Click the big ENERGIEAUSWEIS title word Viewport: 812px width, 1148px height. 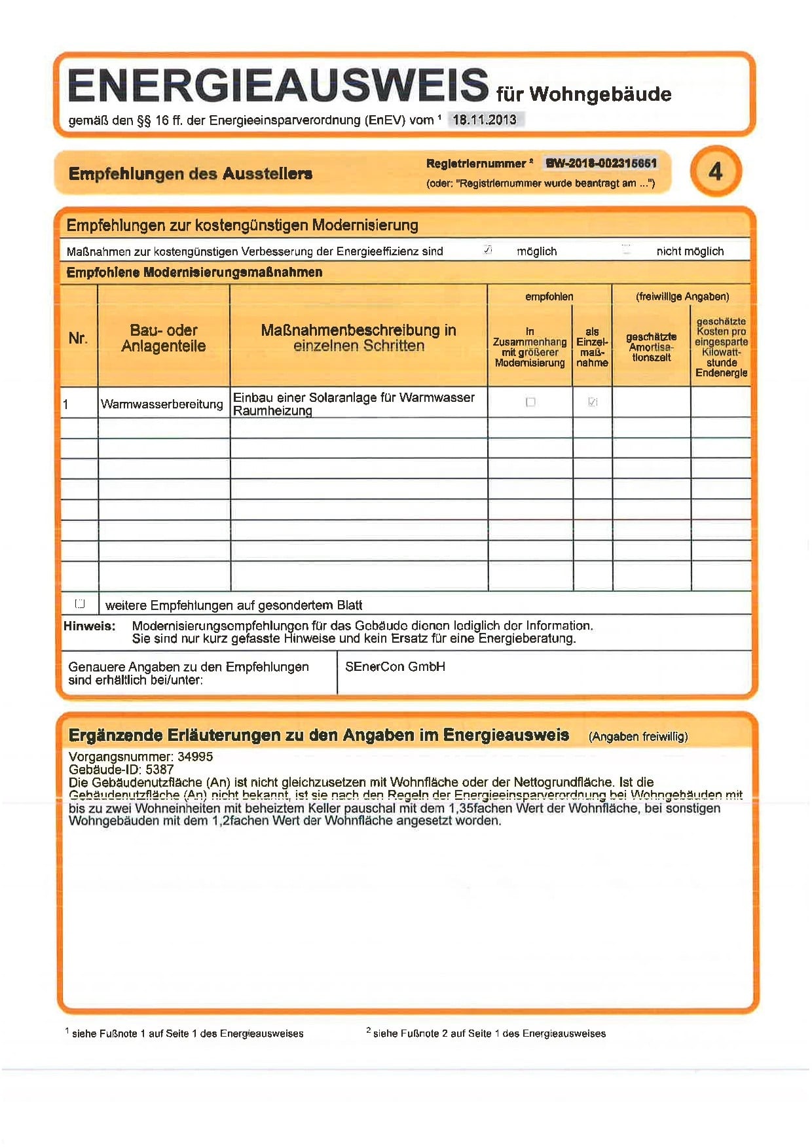pyautogui.click(x=278, y=86)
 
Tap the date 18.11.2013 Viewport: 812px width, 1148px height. pyautogui.click(x=485, y=120)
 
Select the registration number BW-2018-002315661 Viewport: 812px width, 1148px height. pyautogui.click(x=601, y=163)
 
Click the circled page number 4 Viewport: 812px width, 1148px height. pyautogui.click(x=715, y=171)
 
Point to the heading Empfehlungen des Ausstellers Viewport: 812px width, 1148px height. pyautogui.click(x=190, y=174)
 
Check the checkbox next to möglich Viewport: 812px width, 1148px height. pyautogui.click(x=488, y=249)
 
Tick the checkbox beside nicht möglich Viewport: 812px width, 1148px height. pyautogui.click(x=626, y=249)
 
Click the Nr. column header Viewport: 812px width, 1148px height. pyautogui.click(x=78, y=338)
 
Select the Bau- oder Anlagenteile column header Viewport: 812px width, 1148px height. pyautogui.click(x=164, y=338)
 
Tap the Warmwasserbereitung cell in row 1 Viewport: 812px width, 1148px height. pyautogui.click(x=162, y=404)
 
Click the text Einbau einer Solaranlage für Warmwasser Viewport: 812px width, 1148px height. pyautogui.click(x=354, y=397)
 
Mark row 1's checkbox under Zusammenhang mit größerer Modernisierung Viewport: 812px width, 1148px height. pyautogui.click(x=530, y=402)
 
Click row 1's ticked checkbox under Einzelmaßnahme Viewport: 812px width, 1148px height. pyautogui.click(x=593, y=402)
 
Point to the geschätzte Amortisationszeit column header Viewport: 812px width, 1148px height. pyautogui.click(x=651, y=347)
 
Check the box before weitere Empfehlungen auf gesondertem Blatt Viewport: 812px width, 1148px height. pyautogui.click(x=80, y=603)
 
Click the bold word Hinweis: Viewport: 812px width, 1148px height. pyautogui.click(x=89, y=626)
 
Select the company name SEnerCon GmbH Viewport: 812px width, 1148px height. pyautogui.click(x=395, y=667)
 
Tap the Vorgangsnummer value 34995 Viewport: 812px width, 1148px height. pyautogui.click(x=195, y=757)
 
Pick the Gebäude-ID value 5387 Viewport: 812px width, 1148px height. pyautogui.click(x=159, y=770)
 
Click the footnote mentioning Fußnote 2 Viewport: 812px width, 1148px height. pyautogui.click(x=488, y=1033)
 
